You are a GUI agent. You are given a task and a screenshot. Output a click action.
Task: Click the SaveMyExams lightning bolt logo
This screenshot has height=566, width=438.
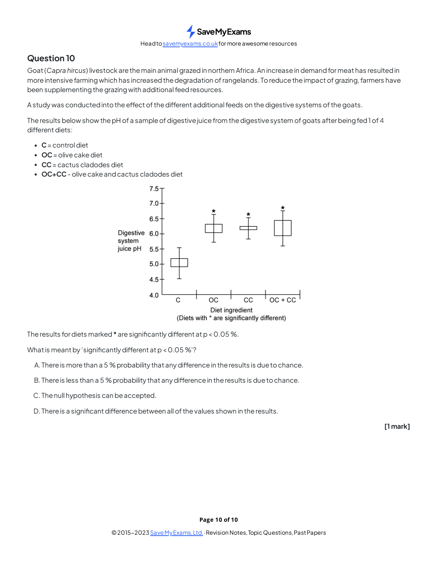click(x=191, y=32)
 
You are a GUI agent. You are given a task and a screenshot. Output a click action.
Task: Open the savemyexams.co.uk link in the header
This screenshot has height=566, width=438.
click(x=190, y=44)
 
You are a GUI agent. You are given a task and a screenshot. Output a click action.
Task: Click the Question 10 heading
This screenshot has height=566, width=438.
click(x=51, y=59)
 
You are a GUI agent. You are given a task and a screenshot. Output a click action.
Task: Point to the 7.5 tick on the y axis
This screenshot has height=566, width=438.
click(x=154, y=189)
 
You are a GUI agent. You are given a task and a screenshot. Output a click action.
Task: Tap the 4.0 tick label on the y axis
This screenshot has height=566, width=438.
click(x=154, y=296)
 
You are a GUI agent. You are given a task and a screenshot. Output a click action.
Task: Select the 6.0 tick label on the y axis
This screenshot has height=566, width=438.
click(x=154, y=234)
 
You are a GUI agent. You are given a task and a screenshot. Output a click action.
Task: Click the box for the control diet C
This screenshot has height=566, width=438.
click(x=179, y=262)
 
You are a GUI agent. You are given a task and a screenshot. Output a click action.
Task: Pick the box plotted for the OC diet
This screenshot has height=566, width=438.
click(x=214, y=228)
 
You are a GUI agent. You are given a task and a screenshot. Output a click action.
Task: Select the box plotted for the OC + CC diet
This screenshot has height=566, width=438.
click(x=283, y=228)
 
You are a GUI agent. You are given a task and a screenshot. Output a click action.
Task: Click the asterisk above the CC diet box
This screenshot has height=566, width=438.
click(x=248, y=215)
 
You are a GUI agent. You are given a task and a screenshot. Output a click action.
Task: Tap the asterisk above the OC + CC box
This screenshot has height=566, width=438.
click(x=283, y=208)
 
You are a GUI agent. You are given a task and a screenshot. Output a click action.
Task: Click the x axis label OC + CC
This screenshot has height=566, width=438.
click(x=283, y=300)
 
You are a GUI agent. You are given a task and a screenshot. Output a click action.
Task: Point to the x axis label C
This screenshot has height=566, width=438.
click(x=178, y=300)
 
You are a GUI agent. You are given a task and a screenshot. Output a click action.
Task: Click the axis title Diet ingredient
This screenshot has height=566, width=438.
click(x=231, y=310)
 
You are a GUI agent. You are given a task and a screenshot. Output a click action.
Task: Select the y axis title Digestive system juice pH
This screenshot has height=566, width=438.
click(x=131, y=241)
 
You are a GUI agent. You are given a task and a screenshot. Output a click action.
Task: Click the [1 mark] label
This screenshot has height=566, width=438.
click(x=397, y=427)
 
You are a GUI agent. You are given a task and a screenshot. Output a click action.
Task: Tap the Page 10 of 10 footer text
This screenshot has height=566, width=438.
click(x=219, y=520)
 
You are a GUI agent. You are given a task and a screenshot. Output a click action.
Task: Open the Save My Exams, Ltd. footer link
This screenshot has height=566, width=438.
click(x=177, y=532)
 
